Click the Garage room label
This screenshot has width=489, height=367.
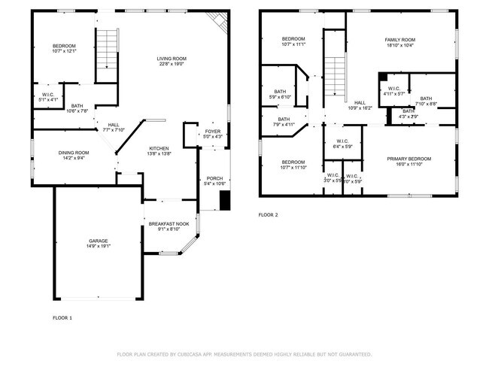(x=94, y=241)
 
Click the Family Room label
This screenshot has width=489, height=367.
(x=400, y=40)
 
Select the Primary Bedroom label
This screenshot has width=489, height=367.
(x=409, y=159)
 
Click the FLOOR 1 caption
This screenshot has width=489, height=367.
(x=62, y=318)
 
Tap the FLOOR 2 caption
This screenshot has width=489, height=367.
(x=269, y=215)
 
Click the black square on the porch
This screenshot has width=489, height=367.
(x=223, y=200)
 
